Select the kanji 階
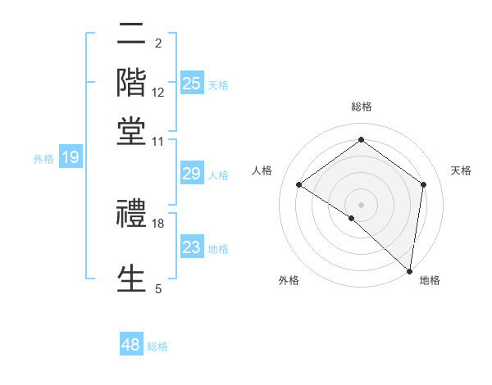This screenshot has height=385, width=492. click(x=132, y=83)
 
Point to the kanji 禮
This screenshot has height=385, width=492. click(x=132, y=214)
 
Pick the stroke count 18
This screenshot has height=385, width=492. click(x=158, y=223)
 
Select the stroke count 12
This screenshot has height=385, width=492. click(x=158, y=92)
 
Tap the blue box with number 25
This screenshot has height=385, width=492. click(x=192, y=83)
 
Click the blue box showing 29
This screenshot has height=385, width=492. click(x=192, y=174)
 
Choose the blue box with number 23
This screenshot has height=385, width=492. click(x=192, y=247)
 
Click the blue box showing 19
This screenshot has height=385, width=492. click(x=71, y=157)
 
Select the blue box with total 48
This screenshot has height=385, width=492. click(x=131, y=345)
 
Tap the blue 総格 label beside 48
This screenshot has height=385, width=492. click(x=158, y=346)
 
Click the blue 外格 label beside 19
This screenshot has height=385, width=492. click(x=43, y=159)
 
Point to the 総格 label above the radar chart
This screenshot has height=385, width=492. click(x=361, y=106)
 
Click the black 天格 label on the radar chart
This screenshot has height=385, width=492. click(x=461, y=170)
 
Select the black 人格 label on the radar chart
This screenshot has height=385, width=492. click(x=262, y=170)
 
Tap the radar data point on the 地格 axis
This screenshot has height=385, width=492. click(x=409, y=269)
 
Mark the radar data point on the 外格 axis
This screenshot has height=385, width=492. click(x=352, y=218)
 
